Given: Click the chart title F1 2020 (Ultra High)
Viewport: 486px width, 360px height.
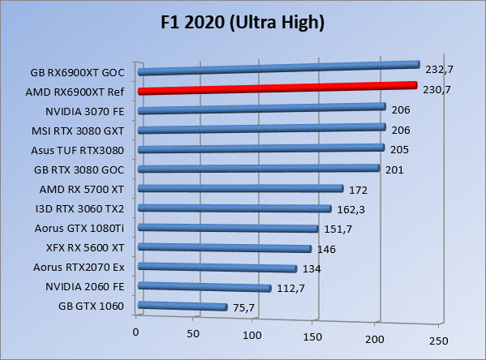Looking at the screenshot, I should [x=243, y=22].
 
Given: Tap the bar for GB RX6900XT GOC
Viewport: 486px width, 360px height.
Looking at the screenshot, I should [x=279, y=68].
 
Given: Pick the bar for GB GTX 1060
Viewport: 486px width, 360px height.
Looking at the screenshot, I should [x=182, y=306].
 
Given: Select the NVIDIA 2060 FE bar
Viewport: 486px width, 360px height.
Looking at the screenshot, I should [x=205, y=287].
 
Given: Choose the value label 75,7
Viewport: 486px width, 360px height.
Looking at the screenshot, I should [x=243, y=308].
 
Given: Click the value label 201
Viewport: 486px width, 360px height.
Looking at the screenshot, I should [x=394, y=169].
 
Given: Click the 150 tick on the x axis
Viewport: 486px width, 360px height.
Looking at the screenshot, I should [x=312, y=335].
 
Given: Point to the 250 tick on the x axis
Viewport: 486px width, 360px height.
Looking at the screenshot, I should [x=437, y=339].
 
